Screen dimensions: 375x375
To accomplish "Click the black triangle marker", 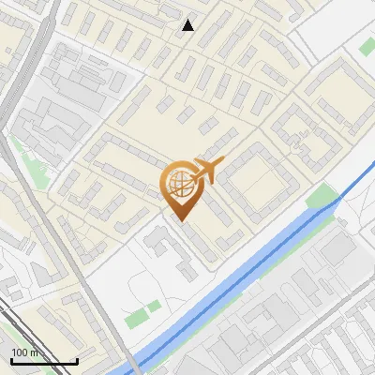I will [x=188, y=25].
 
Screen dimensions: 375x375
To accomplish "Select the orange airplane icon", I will [x=208, y=170].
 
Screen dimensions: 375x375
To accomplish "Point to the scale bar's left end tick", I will [x=11, y=360].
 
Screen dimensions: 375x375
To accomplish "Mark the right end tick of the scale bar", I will [x=77, y=360].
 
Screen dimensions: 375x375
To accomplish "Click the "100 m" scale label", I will [x=25, y=352].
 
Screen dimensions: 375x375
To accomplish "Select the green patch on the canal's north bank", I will [x=322, y=198].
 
